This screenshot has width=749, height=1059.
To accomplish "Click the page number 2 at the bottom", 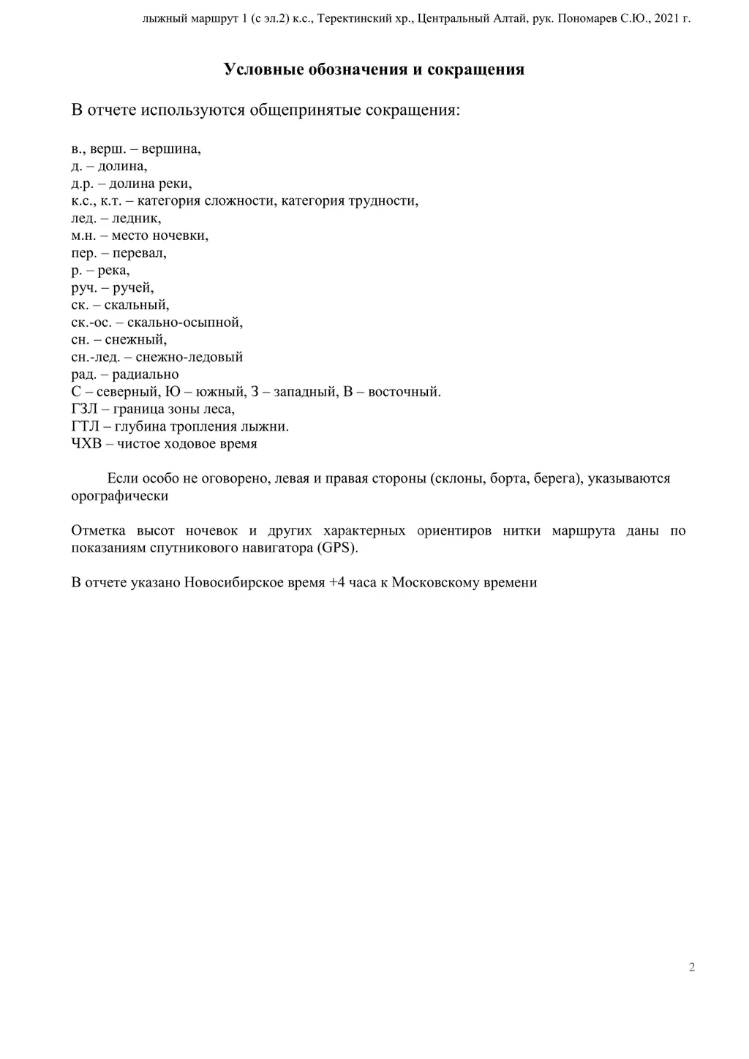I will click(x=692, y=968).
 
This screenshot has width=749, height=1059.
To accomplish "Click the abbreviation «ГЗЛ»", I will click(x=86, y=410).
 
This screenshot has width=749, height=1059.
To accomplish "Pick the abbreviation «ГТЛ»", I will click(x=86, y=426).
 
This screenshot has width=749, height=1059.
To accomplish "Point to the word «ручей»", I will click(x=133, y=288).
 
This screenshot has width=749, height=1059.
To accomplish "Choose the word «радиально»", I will click(x=146, y=374).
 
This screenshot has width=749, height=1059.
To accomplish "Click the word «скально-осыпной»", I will click(x=185, y=323).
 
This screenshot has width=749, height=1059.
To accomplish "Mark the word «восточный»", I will click(x=404, y=392).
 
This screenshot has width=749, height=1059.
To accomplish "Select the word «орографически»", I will click(x=120, y=497).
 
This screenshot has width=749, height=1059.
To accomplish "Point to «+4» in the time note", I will click(x=336, y=584).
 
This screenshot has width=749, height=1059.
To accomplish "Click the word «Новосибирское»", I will click(x=231, y=584).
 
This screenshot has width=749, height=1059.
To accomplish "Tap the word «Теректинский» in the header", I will click(x=354, y=19).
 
